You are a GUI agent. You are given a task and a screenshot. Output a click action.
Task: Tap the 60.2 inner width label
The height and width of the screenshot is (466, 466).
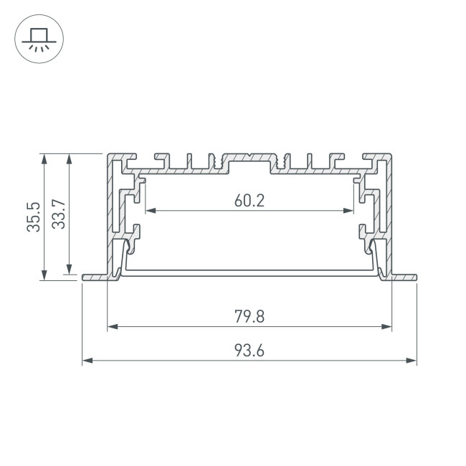pos(249,201)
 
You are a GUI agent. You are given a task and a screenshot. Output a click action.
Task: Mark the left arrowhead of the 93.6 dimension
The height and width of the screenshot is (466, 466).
pos(87,361)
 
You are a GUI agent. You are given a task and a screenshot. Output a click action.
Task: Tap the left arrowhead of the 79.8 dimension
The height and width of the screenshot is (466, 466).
pos(112,327)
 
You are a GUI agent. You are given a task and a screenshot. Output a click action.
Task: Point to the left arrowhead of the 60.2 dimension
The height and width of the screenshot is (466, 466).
pos(149,211)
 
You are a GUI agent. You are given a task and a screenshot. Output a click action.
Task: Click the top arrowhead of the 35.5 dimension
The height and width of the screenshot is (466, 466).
pos(44,158)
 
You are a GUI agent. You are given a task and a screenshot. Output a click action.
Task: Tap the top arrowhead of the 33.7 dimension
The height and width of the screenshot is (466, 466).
pos(70,158)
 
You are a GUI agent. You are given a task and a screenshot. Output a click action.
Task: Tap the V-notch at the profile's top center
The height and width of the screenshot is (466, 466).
pos(249,156)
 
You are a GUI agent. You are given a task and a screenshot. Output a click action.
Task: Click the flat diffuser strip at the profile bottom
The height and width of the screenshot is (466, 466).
pos(249,272)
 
